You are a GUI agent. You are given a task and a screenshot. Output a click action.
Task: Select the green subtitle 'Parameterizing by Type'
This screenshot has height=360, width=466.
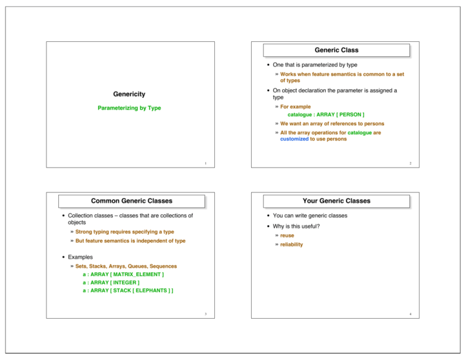coord(129,108)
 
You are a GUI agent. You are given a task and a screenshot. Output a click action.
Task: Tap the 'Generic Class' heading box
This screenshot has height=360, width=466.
coord(336,50)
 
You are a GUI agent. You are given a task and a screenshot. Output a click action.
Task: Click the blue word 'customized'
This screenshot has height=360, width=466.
coord(294,138)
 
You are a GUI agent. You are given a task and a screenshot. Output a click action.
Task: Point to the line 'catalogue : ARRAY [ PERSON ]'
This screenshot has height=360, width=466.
coord(326,114)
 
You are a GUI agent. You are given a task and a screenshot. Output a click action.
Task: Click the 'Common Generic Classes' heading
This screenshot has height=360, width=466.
coord(131,200)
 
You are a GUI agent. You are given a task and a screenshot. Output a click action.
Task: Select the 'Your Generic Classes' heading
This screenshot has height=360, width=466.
coord(336,200)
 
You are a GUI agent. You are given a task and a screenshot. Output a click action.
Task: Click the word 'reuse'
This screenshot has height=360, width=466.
coord(287,235)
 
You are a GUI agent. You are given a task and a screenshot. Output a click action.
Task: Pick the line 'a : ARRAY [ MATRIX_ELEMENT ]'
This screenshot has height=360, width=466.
coord(123,274)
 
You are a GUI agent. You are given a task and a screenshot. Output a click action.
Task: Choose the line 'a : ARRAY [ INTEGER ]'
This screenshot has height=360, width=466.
coord(110,282)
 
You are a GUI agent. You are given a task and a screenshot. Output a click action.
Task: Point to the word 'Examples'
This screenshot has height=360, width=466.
coord(81,257)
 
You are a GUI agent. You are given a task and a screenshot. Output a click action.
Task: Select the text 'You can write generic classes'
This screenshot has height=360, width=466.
coord(311,216)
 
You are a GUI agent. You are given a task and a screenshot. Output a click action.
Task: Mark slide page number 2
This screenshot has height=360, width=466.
coord(411,164)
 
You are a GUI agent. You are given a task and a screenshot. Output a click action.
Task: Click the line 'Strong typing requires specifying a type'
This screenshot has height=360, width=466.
coord(124,232)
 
